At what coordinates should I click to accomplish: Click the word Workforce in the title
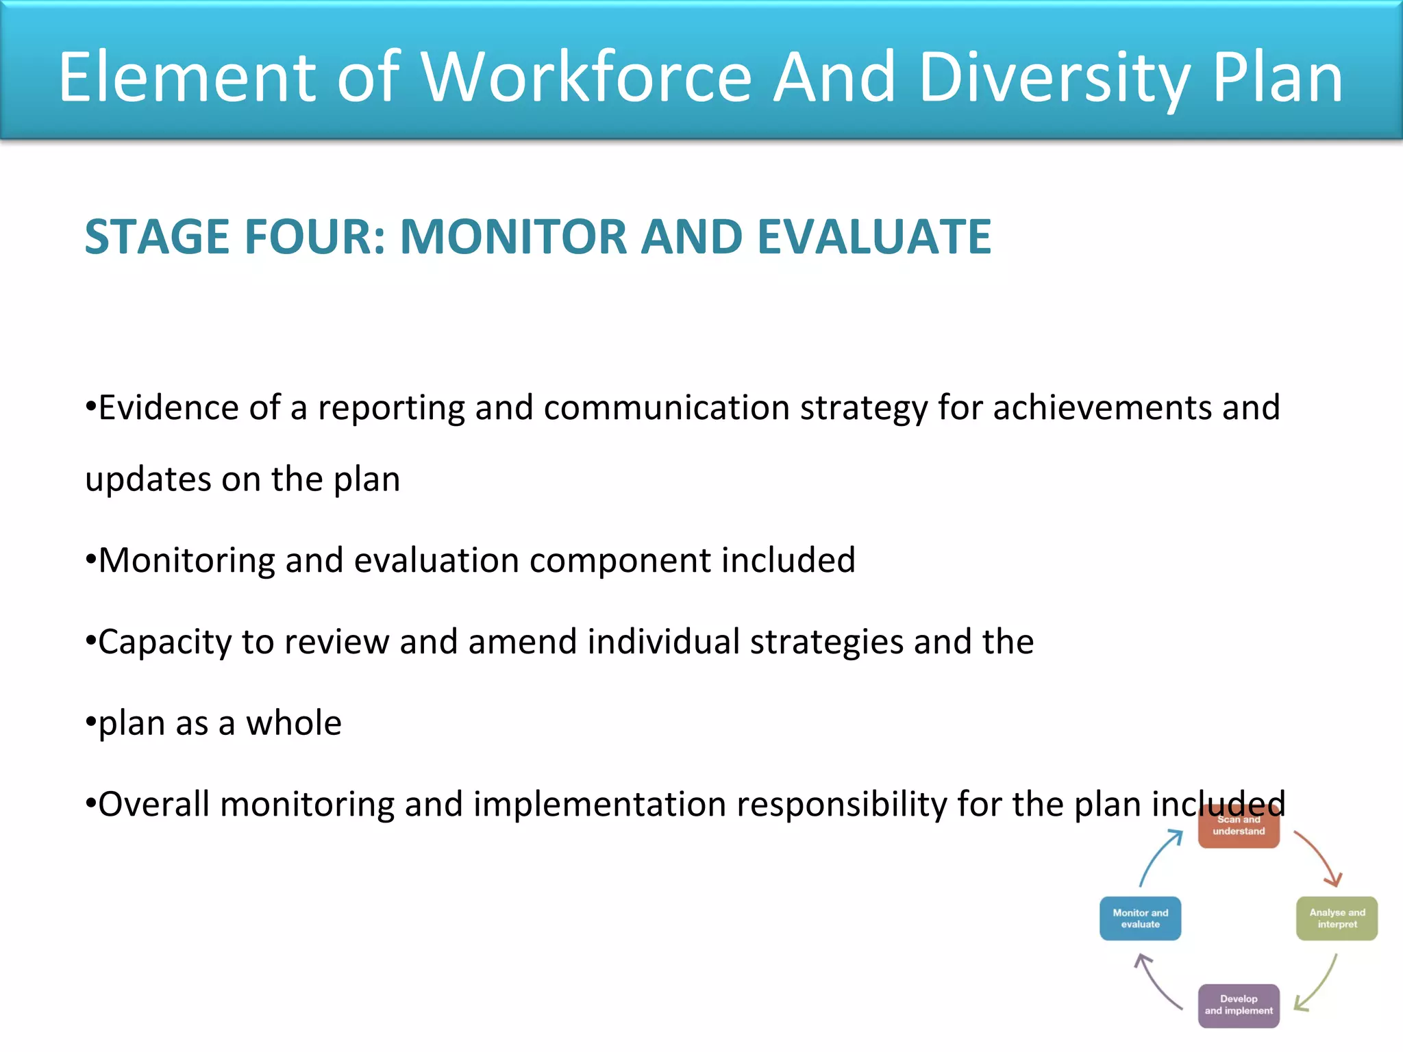point(586,77)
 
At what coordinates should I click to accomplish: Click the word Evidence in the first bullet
point(169,408)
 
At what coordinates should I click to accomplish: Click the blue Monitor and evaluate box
point(1140,918)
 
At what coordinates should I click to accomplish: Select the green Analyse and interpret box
point(1337,918)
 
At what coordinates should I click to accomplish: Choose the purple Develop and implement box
point(1239,1005)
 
